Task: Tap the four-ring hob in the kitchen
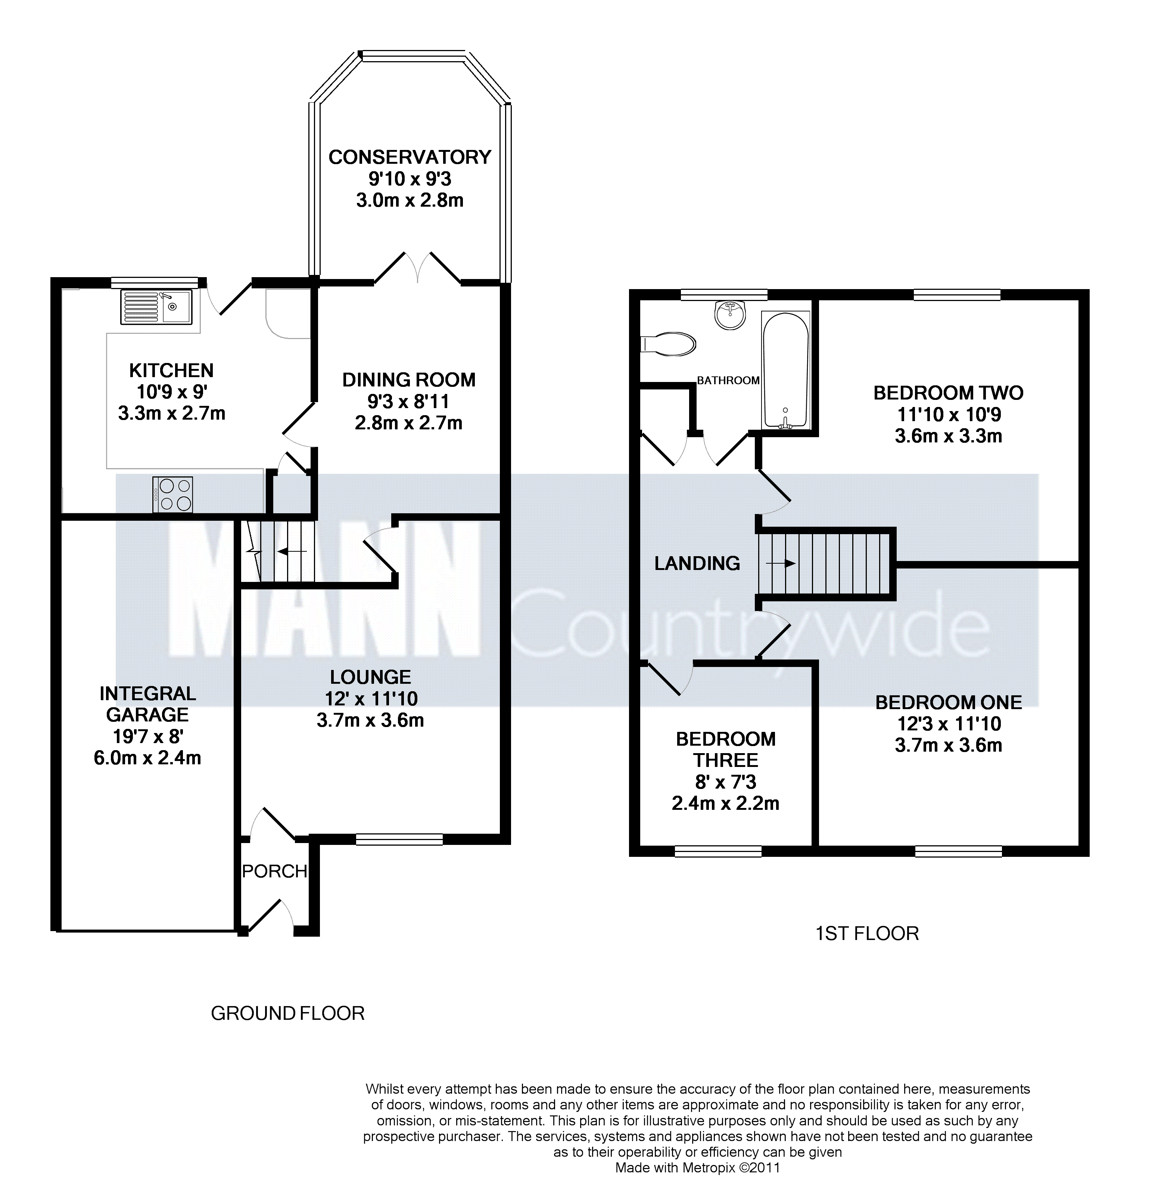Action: (173, 495)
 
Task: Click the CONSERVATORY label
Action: (410, 157)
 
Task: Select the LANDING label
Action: (697, 563)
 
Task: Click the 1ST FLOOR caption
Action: (867, 933)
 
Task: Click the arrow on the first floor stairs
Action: (781, 563)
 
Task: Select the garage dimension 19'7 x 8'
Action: (148, 737)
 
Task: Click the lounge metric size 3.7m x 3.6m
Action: (370, 720)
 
